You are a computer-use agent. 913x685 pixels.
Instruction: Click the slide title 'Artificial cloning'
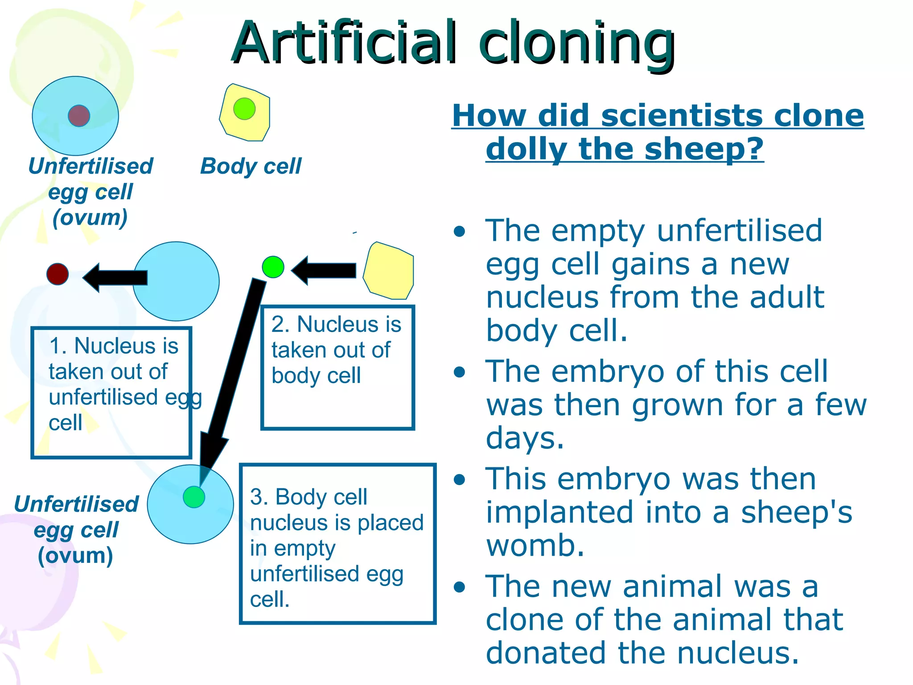point(453,44)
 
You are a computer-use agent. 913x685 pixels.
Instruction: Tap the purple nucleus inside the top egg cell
point(79,116)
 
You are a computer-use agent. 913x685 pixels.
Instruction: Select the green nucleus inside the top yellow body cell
point(244,109)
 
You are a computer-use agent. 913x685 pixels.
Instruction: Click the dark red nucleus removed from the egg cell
point(58,274)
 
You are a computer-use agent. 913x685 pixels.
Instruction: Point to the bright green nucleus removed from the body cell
point(273,267)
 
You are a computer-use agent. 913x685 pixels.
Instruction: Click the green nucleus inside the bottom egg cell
point(194,497)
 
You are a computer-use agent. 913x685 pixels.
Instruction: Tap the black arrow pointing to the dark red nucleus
point(115,277)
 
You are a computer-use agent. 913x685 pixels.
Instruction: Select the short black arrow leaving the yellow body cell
point(324,270)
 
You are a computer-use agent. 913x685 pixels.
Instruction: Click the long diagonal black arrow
point(232,375)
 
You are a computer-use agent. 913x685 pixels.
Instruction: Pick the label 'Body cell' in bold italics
point(251,166)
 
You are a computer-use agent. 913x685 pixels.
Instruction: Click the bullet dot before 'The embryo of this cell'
point(459,372)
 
